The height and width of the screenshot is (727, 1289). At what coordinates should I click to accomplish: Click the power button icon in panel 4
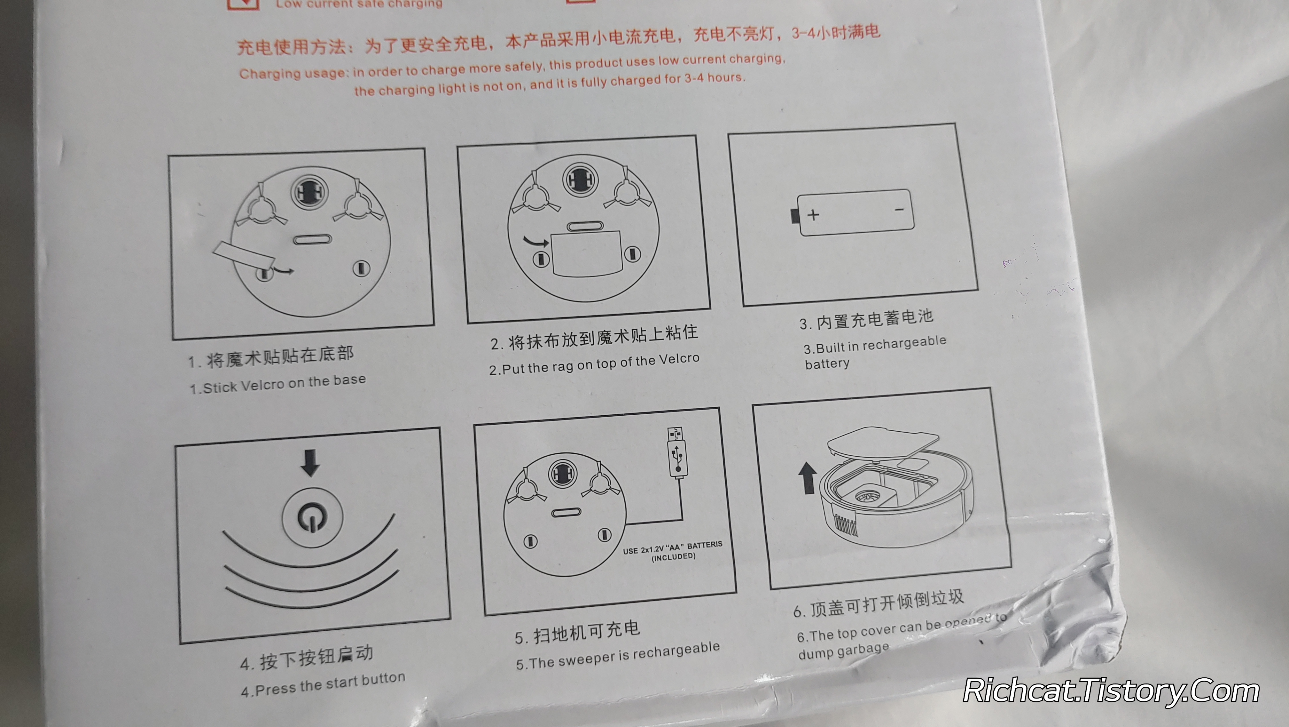coord(313,517)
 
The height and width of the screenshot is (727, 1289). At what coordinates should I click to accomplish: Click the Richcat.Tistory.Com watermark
coord(1111,691)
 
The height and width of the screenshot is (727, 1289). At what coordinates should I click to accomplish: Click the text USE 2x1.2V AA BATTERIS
coord(673,547)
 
